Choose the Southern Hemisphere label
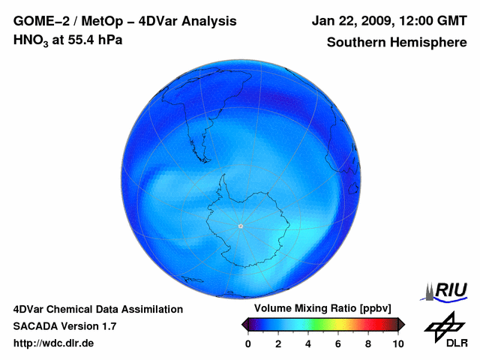(397, 42)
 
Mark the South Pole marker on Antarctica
(240, 226)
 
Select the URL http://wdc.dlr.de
(54, 343)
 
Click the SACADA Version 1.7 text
(64, 326)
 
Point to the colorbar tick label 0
(248, 343)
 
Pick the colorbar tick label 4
(308, 343)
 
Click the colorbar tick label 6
(338, 343)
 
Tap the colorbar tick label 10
(397, 343)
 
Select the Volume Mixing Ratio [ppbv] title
(319, 309)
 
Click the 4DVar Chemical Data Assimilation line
(97, 309)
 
